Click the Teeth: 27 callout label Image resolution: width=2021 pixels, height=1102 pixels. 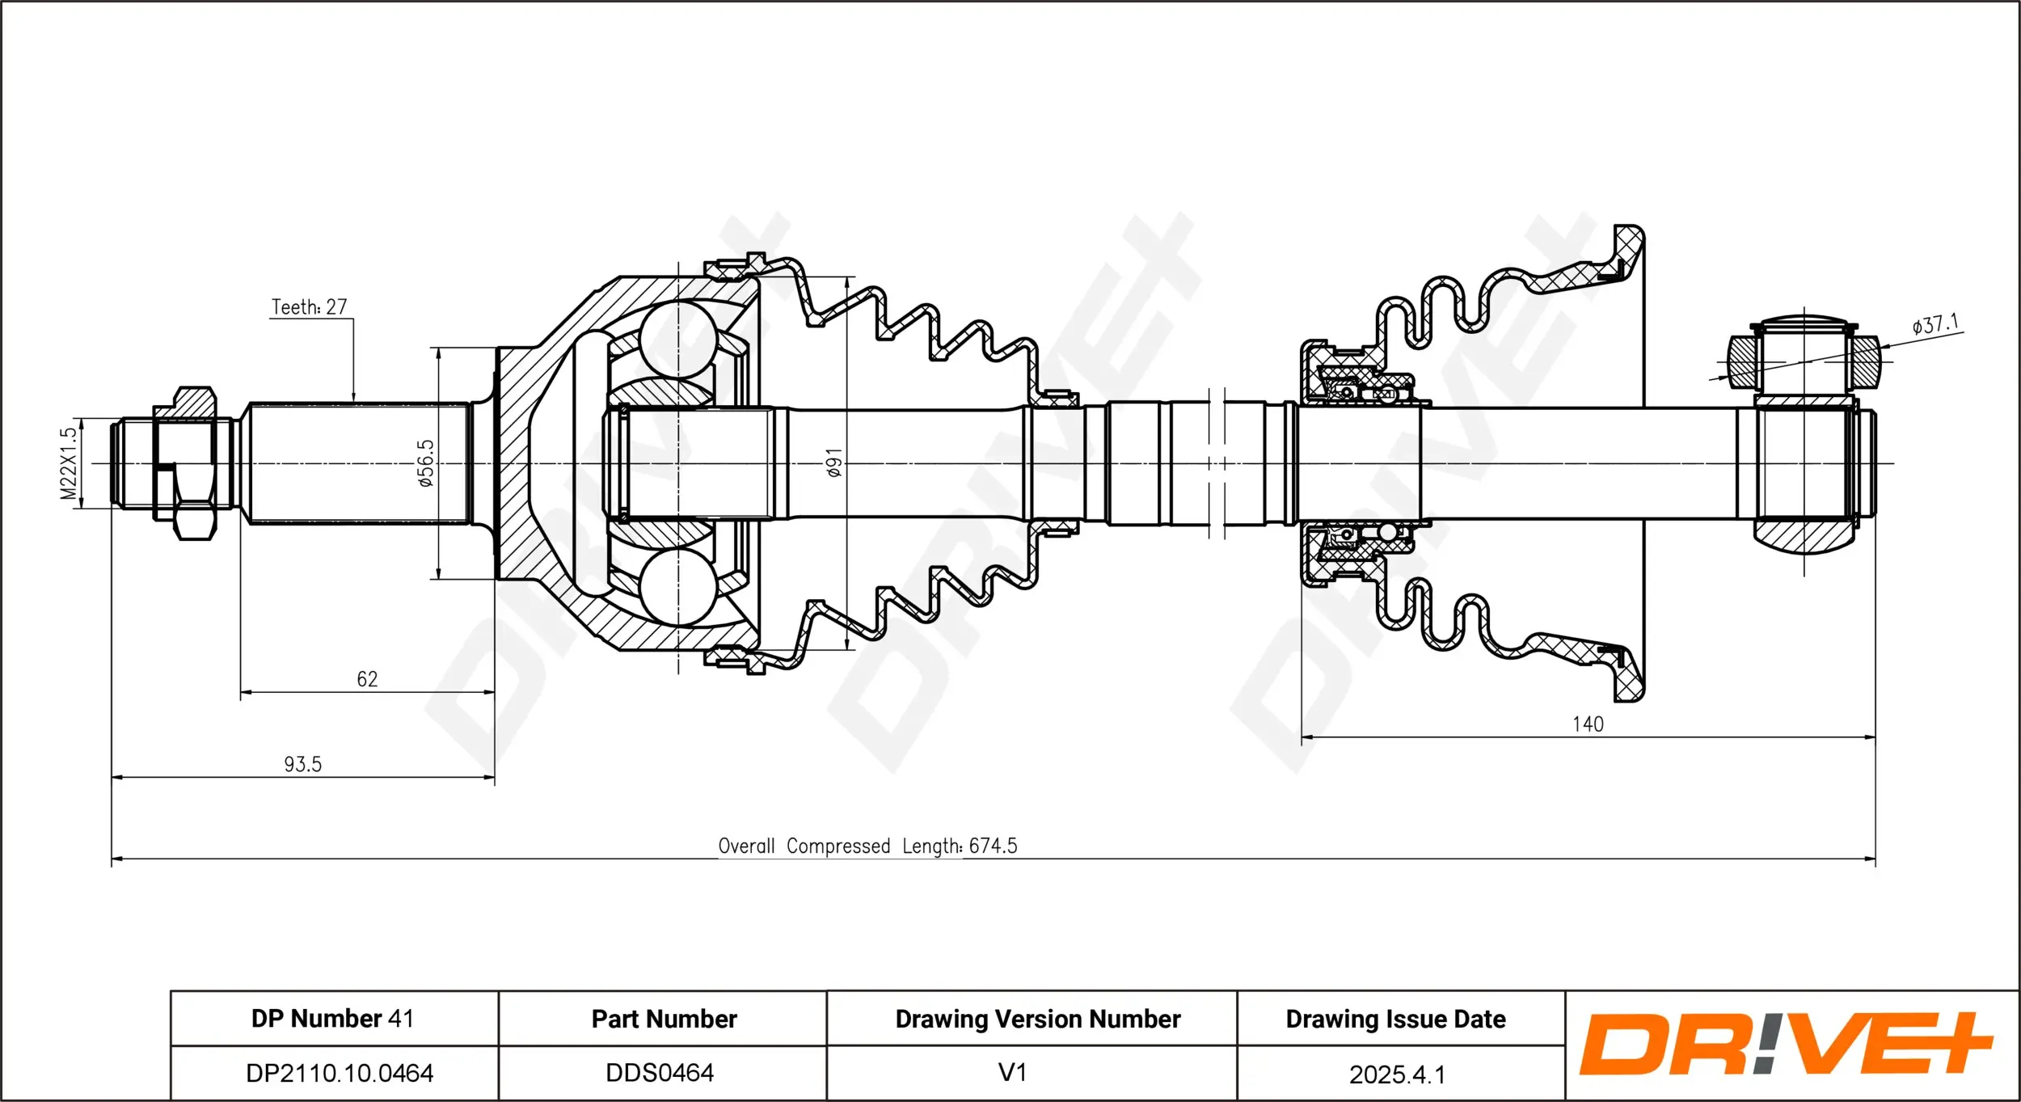pos(309,307)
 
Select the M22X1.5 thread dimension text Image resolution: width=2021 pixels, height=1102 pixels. pos(69,463)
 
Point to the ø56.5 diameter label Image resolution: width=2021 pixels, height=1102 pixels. pos(426,463)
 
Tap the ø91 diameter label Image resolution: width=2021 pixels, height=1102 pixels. pos(834,462)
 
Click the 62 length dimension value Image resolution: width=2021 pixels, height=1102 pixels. pos(367,679)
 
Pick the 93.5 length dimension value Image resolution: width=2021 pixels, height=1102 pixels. pos(302,764)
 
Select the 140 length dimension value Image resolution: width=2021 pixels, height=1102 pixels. pos(1588,724)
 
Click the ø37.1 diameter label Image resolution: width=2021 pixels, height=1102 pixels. pos(1935,325)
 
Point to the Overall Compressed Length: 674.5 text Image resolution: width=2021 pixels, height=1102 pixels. pos(867,846)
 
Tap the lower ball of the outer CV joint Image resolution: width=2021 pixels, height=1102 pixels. pos(679,587)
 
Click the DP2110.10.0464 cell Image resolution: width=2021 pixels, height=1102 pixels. pos(340,1073)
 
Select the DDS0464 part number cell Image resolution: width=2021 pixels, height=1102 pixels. pos(660,1073)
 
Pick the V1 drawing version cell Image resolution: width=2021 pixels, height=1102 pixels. pos(1012,1073)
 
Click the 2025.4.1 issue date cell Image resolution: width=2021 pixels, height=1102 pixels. pos(1397,1075)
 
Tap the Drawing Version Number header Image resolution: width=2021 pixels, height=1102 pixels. pos(1037,1019)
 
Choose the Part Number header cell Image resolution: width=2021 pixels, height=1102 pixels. pos(664,1019)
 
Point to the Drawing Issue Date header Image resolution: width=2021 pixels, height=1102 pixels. pos(1395,1019)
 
